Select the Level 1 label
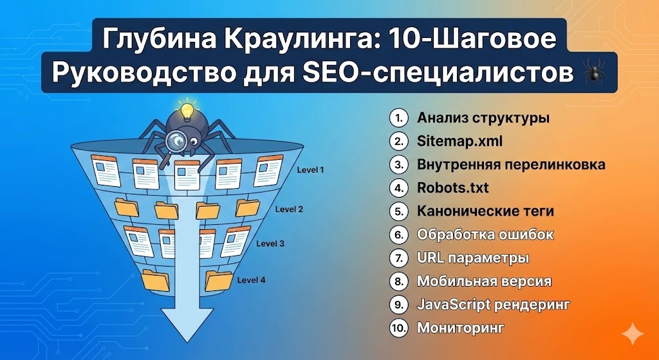click(x=310, y=171)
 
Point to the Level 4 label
click(x=251, y=280)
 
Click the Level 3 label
click(x=270, y=244)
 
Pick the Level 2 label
click(x=289, y=209)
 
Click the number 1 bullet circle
click(x=399, y=118)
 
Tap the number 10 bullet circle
click(x=399, y=327)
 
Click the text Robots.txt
click(x=452, y=187)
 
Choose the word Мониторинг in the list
click(x=460, y=327)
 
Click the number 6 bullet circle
click(x=399, y=234)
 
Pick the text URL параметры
click(x=473, y=258)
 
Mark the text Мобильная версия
click(x=484, y=281)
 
